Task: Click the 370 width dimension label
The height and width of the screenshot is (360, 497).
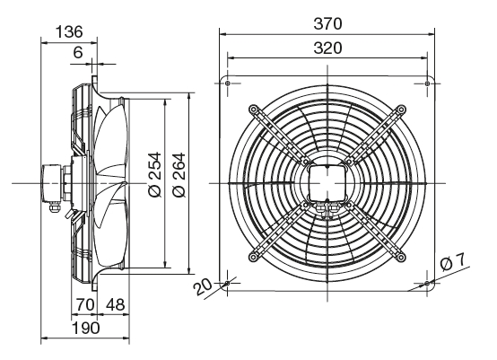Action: pos(327,23)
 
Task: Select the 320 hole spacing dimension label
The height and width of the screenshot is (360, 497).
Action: pos(327,48)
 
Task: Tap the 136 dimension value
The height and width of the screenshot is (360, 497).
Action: pos(69,31)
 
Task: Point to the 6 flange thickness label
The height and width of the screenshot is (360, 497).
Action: pos(78,52)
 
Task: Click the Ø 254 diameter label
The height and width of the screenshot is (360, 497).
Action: pos(155,174)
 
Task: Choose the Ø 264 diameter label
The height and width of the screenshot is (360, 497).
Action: pos(179,175)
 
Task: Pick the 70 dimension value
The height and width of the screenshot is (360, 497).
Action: pos(85,304)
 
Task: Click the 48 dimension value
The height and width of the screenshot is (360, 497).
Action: pos(116,304)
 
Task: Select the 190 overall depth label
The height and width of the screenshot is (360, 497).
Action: pos(86,328)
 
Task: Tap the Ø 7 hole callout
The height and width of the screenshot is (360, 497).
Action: pos(453,261)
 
